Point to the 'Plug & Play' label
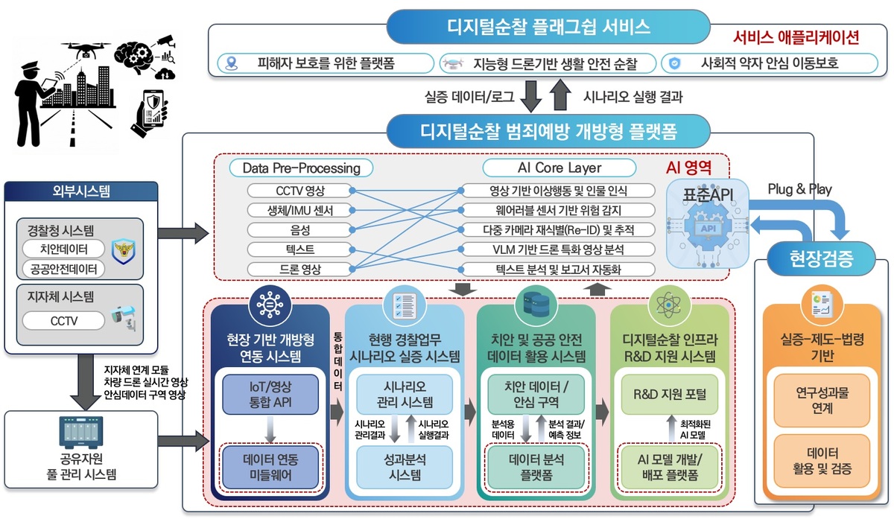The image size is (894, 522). (799, 189)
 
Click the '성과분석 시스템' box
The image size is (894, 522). (405, 466)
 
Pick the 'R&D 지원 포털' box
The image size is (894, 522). (668, 394)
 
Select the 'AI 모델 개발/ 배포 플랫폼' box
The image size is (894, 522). (668, 466)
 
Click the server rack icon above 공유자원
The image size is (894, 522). (80, 431)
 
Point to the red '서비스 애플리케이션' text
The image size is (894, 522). (796, 37)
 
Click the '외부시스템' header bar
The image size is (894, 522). (80, 191)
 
